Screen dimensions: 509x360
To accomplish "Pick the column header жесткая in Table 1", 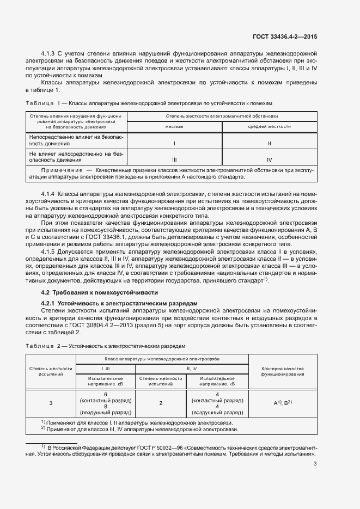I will (174, 126).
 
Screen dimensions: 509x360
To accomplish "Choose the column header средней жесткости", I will (270, 126).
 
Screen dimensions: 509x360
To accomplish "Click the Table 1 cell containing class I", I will (174, 144).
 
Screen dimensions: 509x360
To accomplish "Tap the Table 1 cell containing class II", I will (270, 144).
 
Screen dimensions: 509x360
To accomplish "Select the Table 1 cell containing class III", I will (174, 160).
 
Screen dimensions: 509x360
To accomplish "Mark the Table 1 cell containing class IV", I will (270, 160).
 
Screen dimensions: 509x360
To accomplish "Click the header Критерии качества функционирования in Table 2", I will (283, 372).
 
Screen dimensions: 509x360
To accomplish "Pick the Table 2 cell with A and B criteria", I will (283, 403).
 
